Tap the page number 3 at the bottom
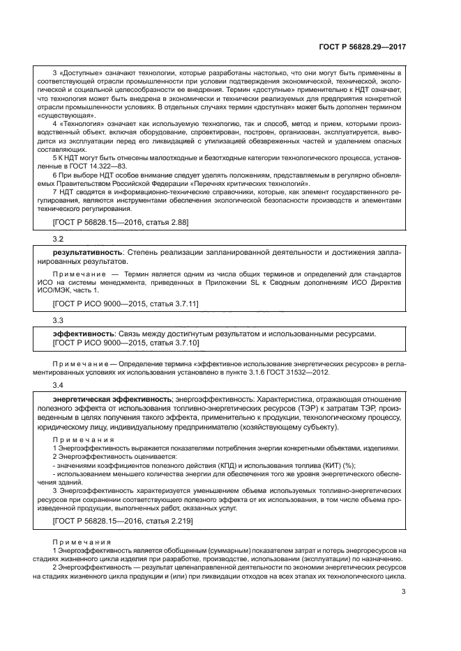pos(403,593)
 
